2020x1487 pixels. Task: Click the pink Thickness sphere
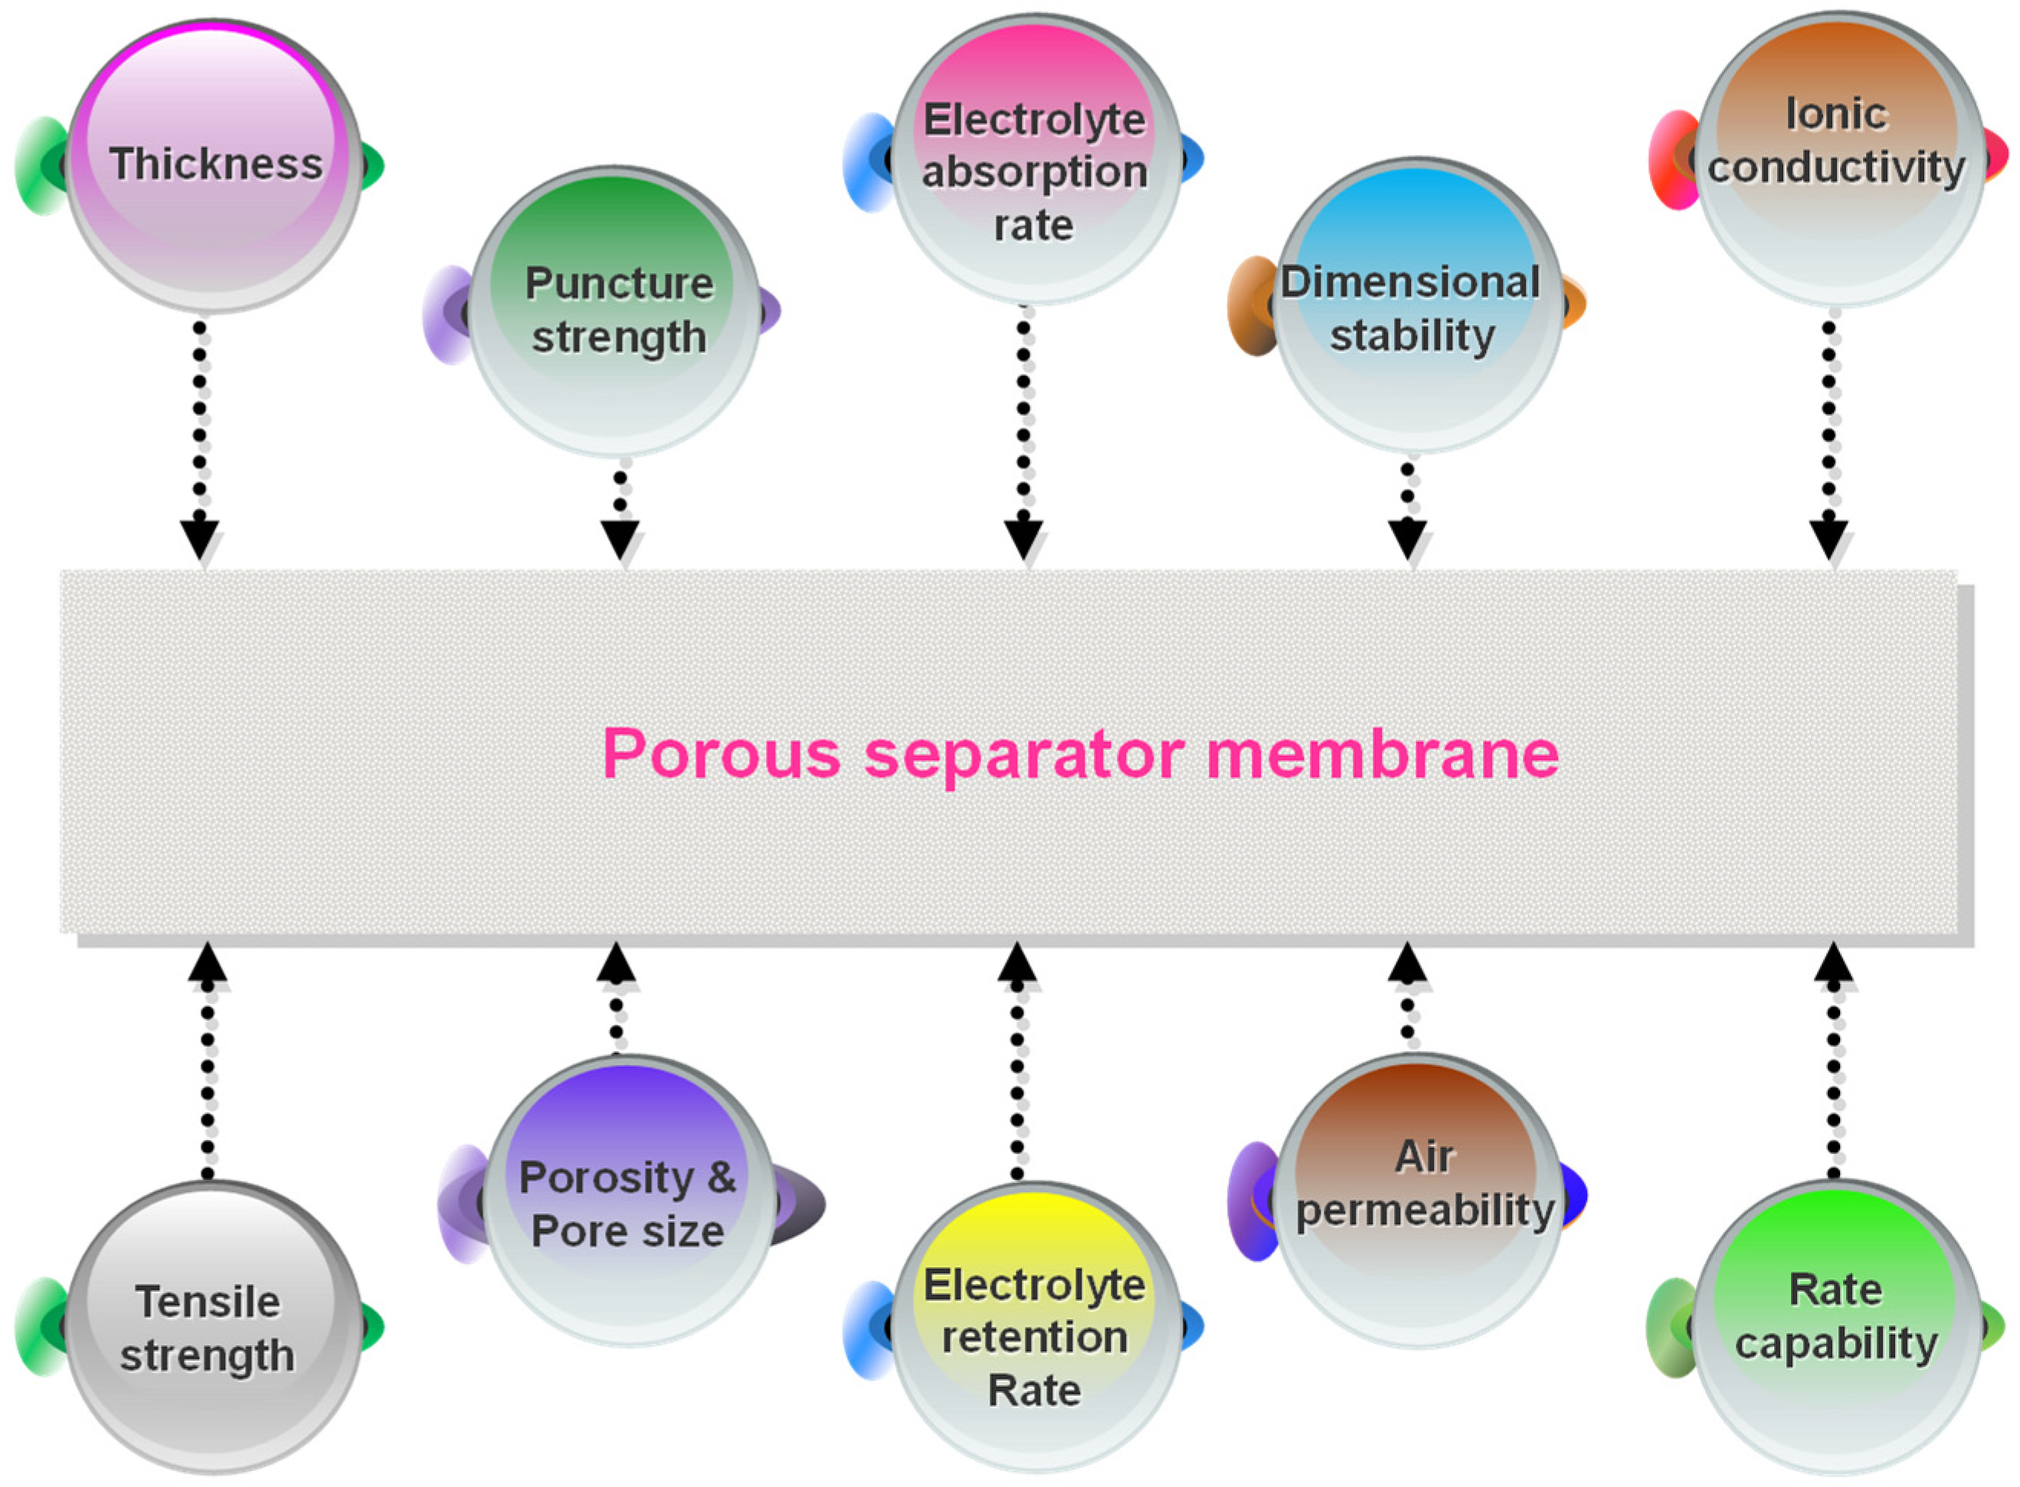point(214,165)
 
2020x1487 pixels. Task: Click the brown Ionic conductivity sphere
point(1836,159)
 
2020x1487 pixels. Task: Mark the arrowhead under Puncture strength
point(620,539)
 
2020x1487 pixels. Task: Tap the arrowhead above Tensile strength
point(208,962)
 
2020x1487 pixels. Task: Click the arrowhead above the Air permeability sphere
point(1407,963)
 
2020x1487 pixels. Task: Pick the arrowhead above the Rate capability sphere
point(1834,962)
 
